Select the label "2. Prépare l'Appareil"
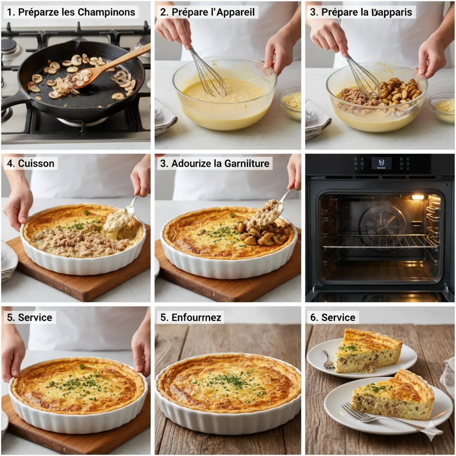click(x=208, y=12)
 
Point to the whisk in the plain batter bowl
click(x=207, y=73)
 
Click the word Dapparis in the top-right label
click(x=392, y=12)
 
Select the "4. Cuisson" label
click(x=30, y=163)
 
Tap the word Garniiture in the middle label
click(x=247, y=163)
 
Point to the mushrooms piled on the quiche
click(x=261, y=234)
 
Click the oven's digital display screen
click(x=381, y=163)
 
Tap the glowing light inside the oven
click(x=417, y=197)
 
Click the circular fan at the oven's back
click(x=382, y=223)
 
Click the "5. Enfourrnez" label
click(x=191, y=318)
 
